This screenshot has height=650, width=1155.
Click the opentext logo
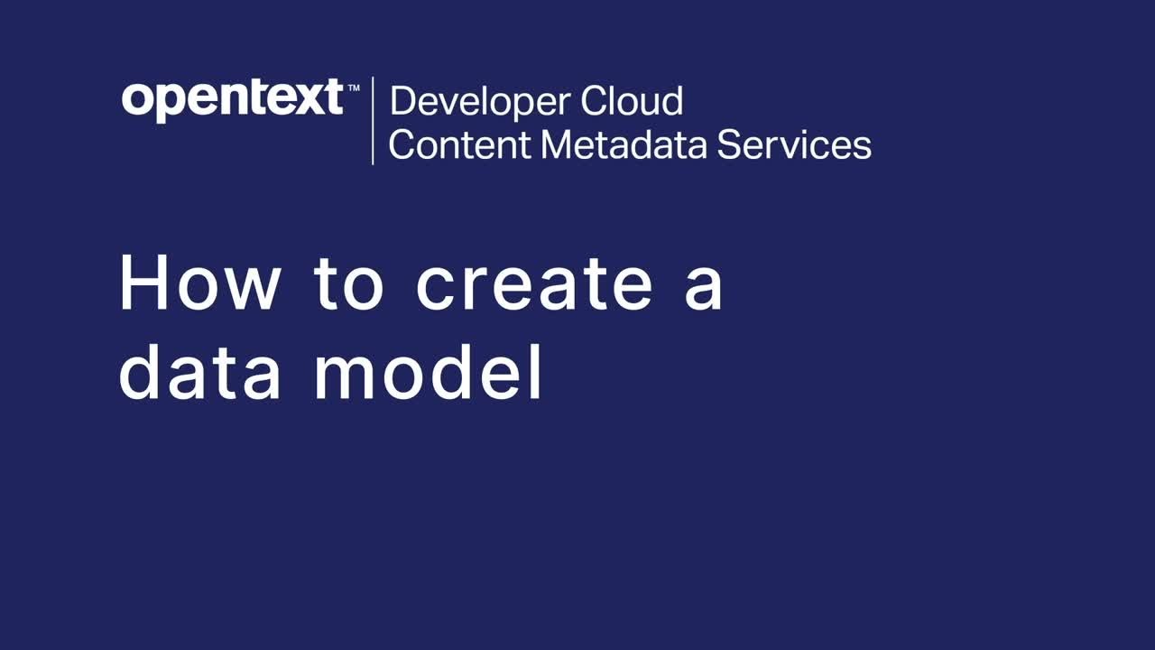pyautogui.click(x=233, y=99)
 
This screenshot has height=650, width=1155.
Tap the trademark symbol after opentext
pyautogui.click(x=353, y=86)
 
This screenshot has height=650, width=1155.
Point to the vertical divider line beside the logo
pyautogui.click(x=373, y=121)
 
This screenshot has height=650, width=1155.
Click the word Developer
pyautogui.click(x=478, y=102)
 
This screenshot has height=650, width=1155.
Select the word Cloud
pyautogui.click(x=632, y=101)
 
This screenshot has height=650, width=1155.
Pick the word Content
pyautogui.click(x=457, y=145)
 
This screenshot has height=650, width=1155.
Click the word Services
pyautogui.click(x=794, y=145)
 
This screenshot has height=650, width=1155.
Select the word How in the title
pyautogui.click(x=199, y=283)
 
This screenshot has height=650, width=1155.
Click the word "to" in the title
pyautogui.click(x=349, y=283)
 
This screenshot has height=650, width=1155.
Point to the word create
pyautogui.click(x=533, y=283)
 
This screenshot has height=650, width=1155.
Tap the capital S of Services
pyautogui.click(x=729, y=145)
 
